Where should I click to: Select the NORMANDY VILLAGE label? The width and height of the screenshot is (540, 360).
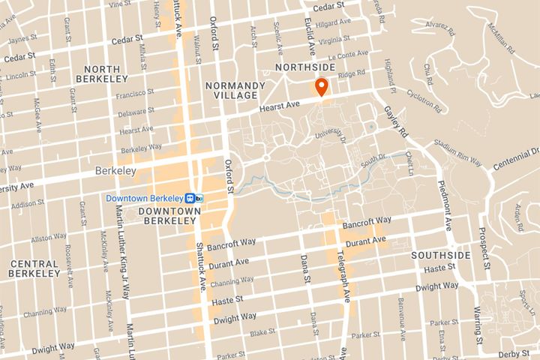point(234,90)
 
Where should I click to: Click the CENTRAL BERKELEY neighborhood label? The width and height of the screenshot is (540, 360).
point(34,268)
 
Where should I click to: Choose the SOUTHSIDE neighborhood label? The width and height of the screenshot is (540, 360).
point(440,256)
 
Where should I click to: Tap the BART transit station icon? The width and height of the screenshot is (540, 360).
point(195,198)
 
